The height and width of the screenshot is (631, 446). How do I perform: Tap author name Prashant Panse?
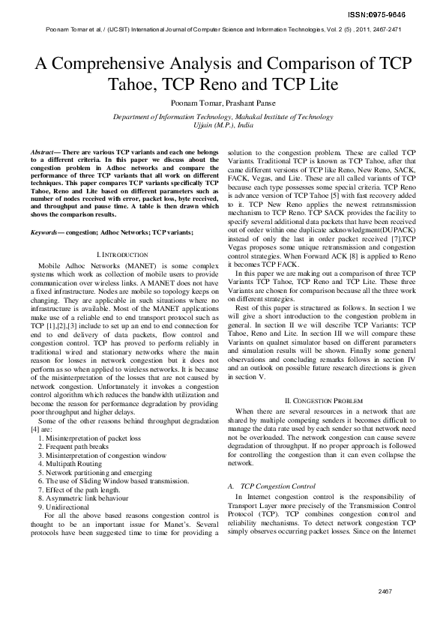(x=247, y=103)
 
